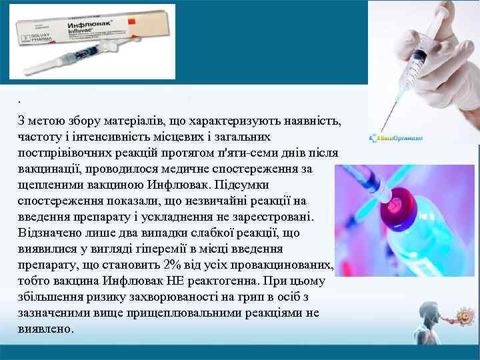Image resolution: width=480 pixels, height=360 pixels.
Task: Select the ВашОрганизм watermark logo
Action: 396,139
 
